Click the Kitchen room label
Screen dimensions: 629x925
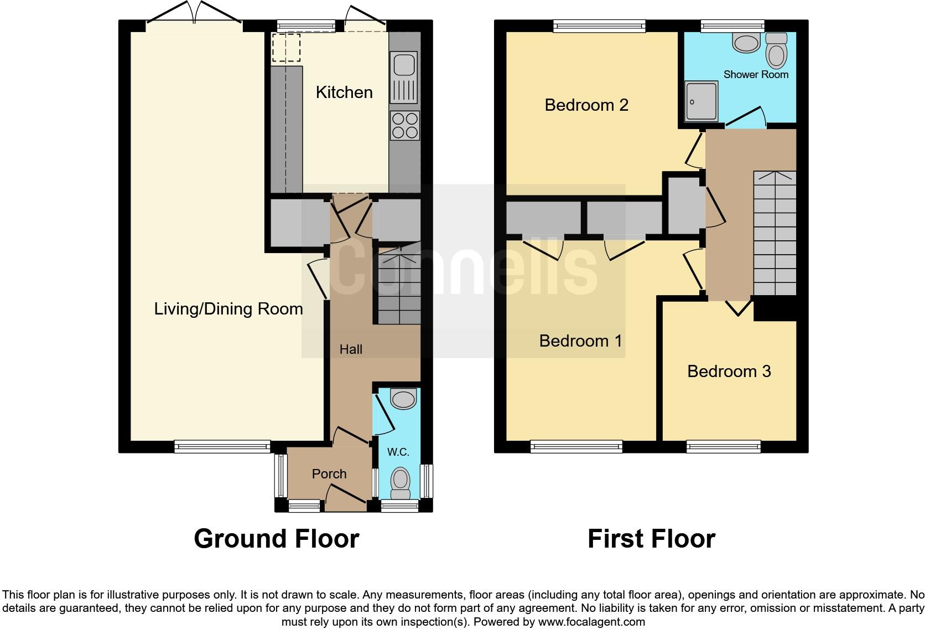coord(344,92)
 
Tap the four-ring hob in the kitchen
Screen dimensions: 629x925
coord(404,125)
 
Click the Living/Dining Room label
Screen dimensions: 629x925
coord(228,308)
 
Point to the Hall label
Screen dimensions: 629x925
coord(351,349)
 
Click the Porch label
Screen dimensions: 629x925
coord(329,474)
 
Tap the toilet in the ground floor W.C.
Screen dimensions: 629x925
coord(400,483)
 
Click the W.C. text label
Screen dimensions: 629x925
coord(398,452)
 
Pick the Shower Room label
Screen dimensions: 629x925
coord(756,74)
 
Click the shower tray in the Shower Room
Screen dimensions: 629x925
coord(701,102)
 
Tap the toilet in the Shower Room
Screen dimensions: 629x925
coord(777,51)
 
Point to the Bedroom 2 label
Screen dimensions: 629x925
coord(586,105)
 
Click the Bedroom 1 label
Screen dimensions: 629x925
coord(580,341)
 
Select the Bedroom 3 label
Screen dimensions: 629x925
coord(729,371)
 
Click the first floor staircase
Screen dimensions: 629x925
coord(775,233)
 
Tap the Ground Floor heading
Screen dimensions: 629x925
coord(276,538)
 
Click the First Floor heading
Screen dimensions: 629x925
coord(651,538)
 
